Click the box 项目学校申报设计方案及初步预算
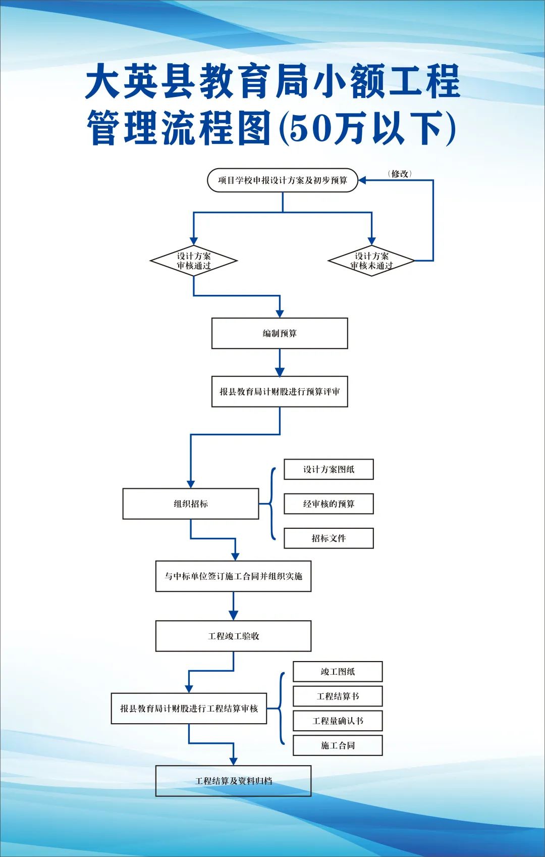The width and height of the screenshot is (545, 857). point(283,180)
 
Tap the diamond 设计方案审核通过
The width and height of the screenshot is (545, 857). point(194,261)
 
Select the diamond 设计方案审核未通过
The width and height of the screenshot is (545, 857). point(371,261)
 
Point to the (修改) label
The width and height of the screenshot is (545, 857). point(400,174)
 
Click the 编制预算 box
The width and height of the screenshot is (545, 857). point(280,333)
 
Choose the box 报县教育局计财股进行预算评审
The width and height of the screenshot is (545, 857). point(280,391)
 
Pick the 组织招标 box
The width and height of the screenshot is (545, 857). point(191,503)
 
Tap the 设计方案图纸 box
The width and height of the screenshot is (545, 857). point(329,469)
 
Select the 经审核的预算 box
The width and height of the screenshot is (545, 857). point(329,503)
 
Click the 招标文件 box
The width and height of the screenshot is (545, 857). point(329,538)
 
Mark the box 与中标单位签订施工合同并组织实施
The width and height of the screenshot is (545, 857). point(233,576)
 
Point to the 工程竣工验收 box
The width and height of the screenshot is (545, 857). point(233,636)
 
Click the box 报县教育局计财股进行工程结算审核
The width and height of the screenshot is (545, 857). point(189,709)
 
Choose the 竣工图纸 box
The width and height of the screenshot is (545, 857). point(338,672)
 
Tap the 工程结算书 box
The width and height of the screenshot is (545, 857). point(338,696)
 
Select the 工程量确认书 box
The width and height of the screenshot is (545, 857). point(338,721)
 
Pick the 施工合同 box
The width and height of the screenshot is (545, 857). point(338,745)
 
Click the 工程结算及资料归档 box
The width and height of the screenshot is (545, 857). point(233,781)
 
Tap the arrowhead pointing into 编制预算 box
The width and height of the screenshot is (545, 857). point(280,314)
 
